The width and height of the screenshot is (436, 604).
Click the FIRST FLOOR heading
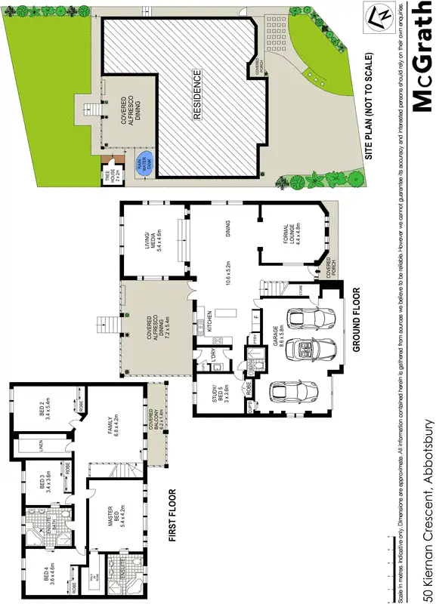(x=172, y=499)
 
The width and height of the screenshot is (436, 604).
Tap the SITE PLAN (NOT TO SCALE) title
(x=370, y=105)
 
